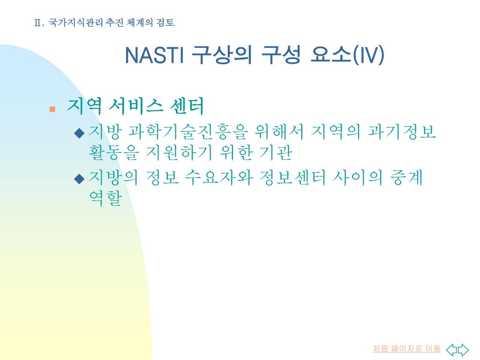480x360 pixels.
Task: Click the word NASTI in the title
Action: pyautogui.click(x=154, y=55)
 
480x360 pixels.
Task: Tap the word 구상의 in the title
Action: pyautogui.click(x=222, y=55)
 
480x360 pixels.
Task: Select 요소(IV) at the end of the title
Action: pyautogui.click(x=347, y=55)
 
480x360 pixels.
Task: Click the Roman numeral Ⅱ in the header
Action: pyautogui.click(x=38, y=22)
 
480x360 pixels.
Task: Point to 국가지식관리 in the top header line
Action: pyautogui.click(x=75, y=22)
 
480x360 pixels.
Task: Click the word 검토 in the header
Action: pyautogui.click(x=165, y=22)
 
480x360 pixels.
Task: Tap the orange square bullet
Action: pyautogui.click(x=52, y=109)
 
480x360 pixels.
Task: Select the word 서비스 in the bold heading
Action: pyautogui.click(x=136, y=106)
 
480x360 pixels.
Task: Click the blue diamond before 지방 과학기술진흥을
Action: pyautogui.click(x=79, y=133)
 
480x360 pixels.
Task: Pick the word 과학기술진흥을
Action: pyautogui.click(x=187, y=132)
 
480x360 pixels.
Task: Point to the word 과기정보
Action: pyautogui.click(x=401, y=132)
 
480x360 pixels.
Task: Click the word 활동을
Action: pyautogui.click(x=113, y=152)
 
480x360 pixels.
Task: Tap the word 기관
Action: pyautogui.click(x=276, y=152)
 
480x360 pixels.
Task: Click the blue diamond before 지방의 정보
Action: pyautogui.click(x=79, y=179)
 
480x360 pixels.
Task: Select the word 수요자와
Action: pyautogui.click(x=218, y=178)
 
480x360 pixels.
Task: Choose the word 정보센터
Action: pyautogui.click(x=292, y=178)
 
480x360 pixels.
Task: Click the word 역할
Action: pyautogui.click(x=105, y=198)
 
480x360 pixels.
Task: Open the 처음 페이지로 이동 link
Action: pyautogui.click(x=406, y=349)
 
